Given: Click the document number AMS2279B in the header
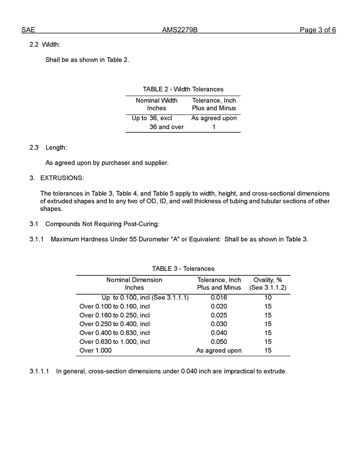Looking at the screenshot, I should coord(180,30).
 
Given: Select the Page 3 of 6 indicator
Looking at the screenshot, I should coord(318,30).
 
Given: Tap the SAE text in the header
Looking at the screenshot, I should coord(28,30).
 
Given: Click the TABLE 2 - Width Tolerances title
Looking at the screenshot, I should coord(183,89).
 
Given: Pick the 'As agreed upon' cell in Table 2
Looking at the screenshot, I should coord(214,118).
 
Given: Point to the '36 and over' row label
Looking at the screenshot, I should coord(166,127).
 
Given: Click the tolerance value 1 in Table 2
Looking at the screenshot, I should coord(214,127).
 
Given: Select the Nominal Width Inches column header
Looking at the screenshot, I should coord(157,104).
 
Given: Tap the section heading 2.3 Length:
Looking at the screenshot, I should coord(48,147).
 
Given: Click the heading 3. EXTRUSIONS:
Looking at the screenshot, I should coord(57,178).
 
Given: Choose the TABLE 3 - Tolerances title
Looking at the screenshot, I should coord(183,269).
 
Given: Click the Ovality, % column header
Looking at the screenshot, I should coord(268,284).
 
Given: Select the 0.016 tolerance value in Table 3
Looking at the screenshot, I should coord(219,297).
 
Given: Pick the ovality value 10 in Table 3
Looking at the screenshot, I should coord(268,297).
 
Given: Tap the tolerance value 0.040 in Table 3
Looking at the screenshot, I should coord(219,333).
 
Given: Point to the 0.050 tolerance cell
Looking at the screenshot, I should coord(219,342).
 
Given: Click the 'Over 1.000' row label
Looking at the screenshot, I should coord(95,350).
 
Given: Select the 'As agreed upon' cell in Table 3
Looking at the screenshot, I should coord(219,350).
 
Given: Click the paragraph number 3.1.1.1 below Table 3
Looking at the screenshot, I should coord(39,371).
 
